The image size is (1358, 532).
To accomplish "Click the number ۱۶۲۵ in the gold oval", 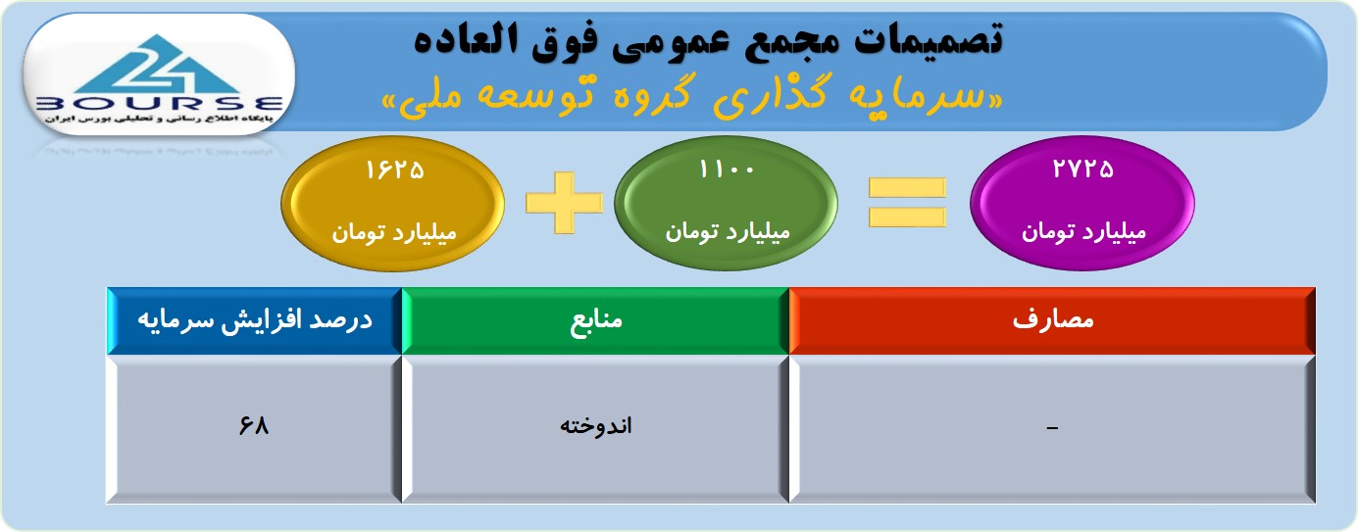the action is tap(394, 169).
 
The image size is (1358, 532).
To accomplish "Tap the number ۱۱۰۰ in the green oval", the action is tap(727, 169).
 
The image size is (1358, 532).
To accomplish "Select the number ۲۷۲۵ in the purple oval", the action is tap(1082, 169).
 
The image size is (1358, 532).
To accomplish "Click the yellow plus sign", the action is tap(564, 203).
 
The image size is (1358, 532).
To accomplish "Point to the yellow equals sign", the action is tap(907, 203).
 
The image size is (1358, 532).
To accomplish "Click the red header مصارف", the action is tap(1052, 320).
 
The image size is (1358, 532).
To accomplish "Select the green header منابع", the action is tap(595, 320).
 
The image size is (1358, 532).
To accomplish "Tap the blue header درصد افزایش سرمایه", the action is tap(254, 320).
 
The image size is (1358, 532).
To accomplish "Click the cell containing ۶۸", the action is tap(254, 429).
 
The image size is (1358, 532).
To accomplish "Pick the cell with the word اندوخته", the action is tap(595, 429).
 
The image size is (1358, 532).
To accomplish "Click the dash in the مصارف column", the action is tap(1052, 428).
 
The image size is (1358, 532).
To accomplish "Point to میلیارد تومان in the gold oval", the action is tap(394, 232).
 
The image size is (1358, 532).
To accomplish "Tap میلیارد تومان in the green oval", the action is tap(728, 231).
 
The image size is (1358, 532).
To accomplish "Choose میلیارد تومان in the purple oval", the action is tap(1084, 231).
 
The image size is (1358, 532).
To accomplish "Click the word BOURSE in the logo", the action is tap(159, 104).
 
